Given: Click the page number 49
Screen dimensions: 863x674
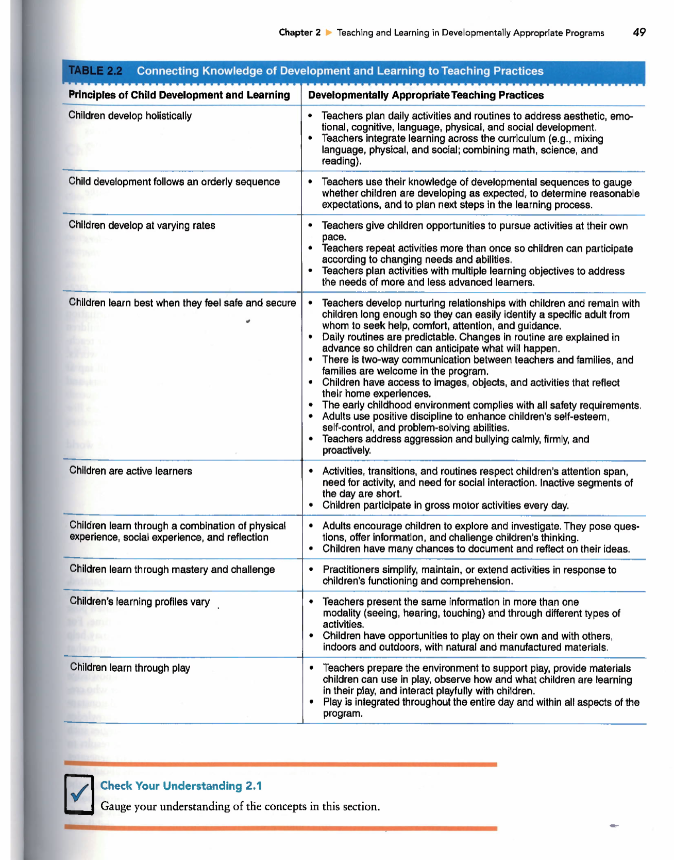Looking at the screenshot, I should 639,32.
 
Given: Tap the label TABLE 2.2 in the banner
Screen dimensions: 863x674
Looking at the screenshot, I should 95,71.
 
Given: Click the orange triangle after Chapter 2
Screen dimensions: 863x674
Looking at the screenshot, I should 329,32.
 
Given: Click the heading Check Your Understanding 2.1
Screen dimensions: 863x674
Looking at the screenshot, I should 181,786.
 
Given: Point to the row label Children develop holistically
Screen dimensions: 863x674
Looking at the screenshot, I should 130,116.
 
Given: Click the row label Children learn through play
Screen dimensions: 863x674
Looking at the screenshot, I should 130,668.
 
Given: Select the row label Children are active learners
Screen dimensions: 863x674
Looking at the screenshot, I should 130,471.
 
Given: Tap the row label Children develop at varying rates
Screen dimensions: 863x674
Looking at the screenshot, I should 142,226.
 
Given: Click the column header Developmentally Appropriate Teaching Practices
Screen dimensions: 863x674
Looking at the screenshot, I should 426,95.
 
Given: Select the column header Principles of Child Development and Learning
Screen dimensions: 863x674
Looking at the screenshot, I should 179,95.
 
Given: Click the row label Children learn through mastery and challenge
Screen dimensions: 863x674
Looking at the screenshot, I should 172,570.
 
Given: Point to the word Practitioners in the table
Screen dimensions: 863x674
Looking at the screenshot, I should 351,570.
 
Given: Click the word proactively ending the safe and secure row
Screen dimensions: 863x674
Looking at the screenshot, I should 346,451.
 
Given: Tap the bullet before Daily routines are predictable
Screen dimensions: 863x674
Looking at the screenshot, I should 311,338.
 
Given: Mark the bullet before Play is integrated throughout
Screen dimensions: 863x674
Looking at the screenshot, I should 311,703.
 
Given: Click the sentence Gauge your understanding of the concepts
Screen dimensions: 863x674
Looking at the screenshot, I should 240,807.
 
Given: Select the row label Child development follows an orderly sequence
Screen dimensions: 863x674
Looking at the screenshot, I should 174,182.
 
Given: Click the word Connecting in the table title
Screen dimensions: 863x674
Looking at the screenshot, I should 167,71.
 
